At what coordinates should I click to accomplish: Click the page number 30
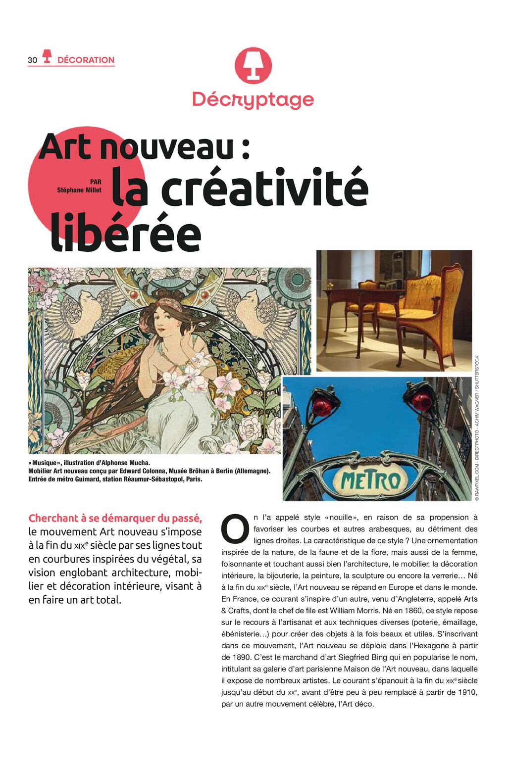pyautogui.click(x=32, y=60)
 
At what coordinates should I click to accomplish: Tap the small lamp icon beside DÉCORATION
pyautogui.click(x=47, y=56)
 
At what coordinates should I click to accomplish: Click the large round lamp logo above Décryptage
pyautogui.click(x=253, y=65)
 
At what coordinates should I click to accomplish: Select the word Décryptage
pyautogui.click(x=253, y=99)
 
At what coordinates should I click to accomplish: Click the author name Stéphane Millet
pyautogui.click(x=79, y=190)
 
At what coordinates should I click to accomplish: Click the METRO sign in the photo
pyautogui.click(x=371, y=480)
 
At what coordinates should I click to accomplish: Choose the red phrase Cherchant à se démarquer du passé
pyautogui.click(x=115, y=518)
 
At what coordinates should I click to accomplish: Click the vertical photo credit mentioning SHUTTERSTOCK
pyautogui.click(x=477, y=428)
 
